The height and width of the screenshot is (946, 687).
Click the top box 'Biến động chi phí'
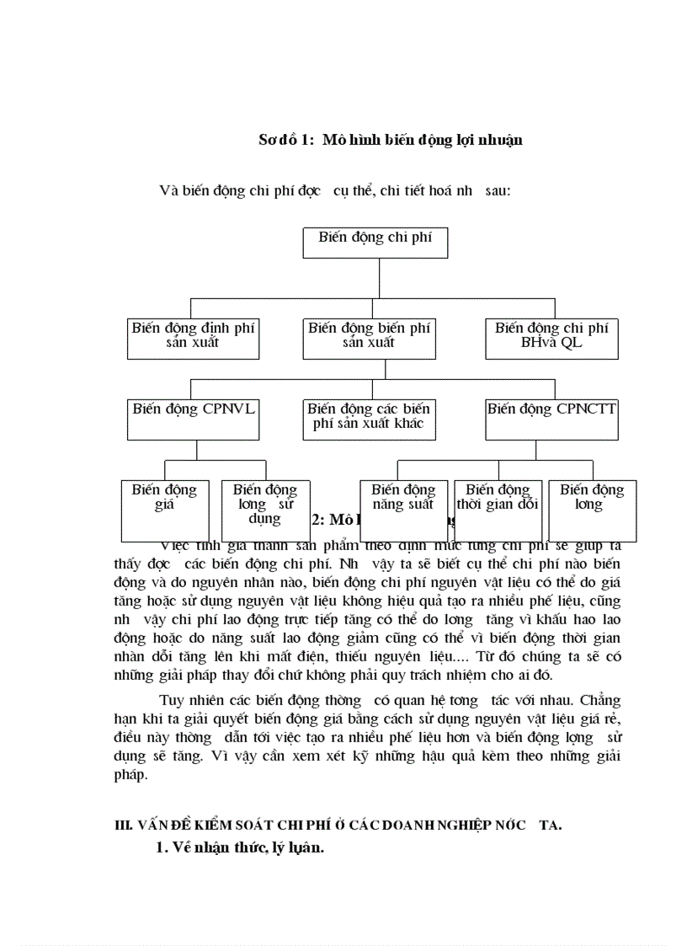375,242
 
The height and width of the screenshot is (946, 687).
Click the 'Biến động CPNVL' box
193,419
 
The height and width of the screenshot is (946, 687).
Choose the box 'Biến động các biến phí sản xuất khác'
369,419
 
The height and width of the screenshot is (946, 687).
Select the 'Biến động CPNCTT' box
551,419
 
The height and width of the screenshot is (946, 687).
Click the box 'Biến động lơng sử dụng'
264,504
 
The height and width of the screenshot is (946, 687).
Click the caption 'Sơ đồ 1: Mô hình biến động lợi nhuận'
390,140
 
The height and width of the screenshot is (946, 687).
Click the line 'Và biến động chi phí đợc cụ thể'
335,190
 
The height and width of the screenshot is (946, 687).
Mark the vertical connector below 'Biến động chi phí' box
379,277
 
